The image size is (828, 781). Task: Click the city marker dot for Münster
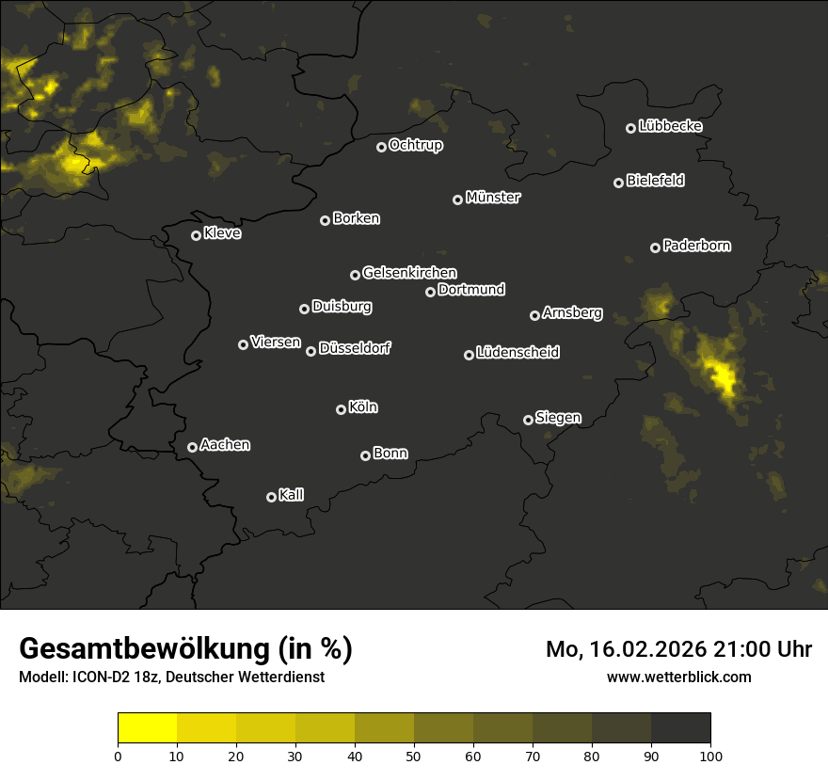coord(458,199)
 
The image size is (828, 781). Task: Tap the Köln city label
coord(363,407)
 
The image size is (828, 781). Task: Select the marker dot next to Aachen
coord(193,447)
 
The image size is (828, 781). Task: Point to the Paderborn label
coord(697,246)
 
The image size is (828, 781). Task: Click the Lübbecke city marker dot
coord(631,128)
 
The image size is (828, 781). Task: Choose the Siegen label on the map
coord(558,418)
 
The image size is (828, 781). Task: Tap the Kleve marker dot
coord(197,235)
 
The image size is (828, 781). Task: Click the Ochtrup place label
coord(416,145)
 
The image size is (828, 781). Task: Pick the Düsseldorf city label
coord(355,348)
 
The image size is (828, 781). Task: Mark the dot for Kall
coord(272,497)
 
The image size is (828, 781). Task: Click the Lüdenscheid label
coord(518,352)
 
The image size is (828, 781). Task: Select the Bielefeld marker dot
coord(619,183)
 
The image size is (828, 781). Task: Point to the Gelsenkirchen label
coord(410,273)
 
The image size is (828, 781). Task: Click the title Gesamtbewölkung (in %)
coord(185,649)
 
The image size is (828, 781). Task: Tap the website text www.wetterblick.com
coord(679,677)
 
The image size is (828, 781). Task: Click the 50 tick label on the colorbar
coord(414,756)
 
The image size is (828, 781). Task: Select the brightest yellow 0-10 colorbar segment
coord(148,728)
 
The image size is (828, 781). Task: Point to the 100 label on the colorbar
coord(710,756)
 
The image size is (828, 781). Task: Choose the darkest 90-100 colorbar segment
coord(680,728)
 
